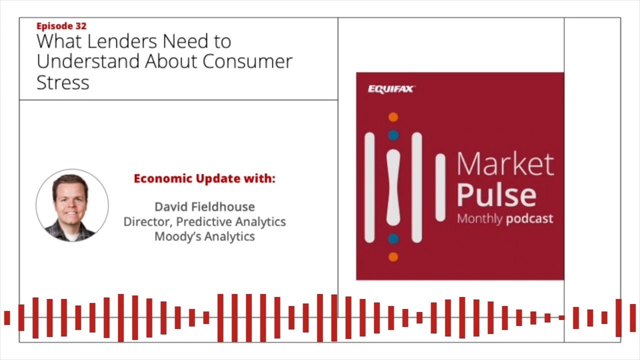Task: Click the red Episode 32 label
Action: pos(61,26)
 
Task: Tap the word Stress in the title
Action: pos(63,82)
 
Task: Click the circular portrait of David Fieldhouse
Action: pos(72,205)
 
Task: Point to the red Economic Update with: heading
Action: pos(204,178)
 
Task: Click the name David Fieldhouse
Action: pos(204,206)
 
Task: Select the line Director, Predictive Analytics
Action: pos(204,221)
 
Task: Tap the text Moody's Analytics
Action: pos(204,236)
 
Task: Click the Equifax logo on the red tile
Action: pos(391,89)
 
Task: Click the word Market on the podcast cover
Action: pos(505,164)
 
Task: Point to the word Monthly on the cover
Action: pos(479,219)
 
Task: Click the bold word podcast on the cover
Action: pos(529,219)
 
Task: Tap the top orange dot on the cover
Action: pos(393,117)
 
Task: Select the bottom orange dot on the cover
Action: pos(393,257)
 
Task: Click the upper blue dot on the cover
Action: pos(393,135)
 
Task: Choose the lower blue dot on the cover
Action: pos(393,239)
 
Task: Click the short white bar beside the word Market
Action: pos(440,187)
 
